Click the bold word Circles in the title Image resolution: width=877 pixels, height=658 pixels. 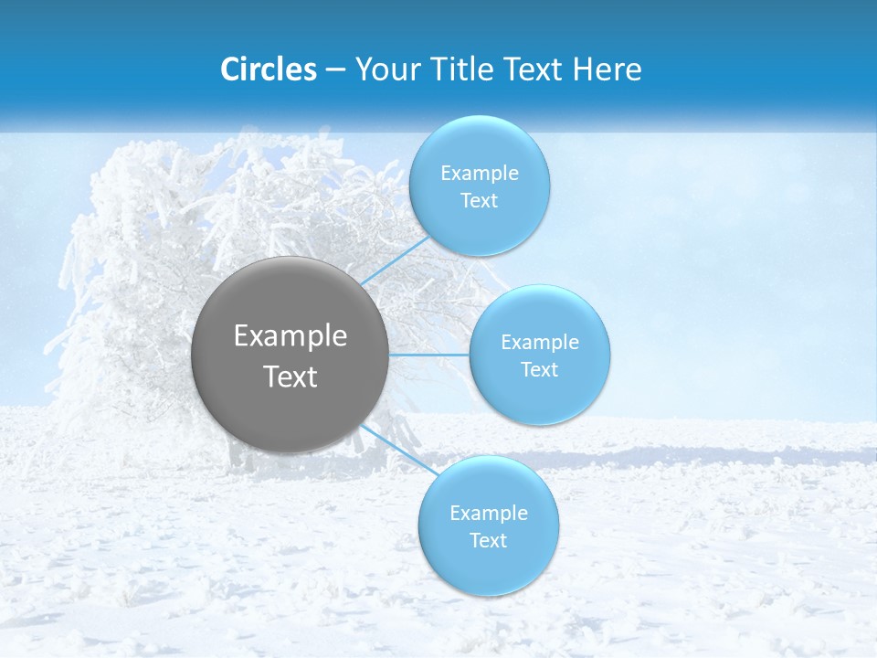point(269,69)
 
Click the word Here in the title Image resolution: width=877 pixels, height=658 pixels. point(607,69)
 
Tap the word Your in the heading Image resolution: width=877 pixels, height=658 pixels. point(383,69)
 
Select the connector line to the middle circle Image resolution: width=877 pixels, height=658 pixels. point(429,355)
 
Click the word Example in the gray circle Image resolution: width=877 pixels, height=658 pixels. point(291,336)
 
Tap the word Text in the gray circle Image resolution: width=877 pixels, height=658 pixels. point(291,377)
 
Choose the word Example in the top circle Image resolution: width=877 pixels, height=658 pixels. point(479,174)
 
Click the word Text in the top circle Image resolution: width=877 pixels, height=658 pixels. point(479,201)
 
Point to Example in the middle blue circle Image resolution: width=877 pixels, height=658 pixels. point(540,343)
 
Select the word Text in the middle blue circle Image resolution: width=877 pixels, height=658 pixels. point(540,370)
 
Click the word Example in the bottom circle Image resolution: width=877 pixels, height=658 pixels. point(489,514)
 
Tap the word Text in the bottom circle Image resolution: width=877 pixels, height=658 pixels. point(489,541)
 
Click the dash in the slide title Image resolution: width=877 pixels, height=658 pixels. point(334,70)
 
